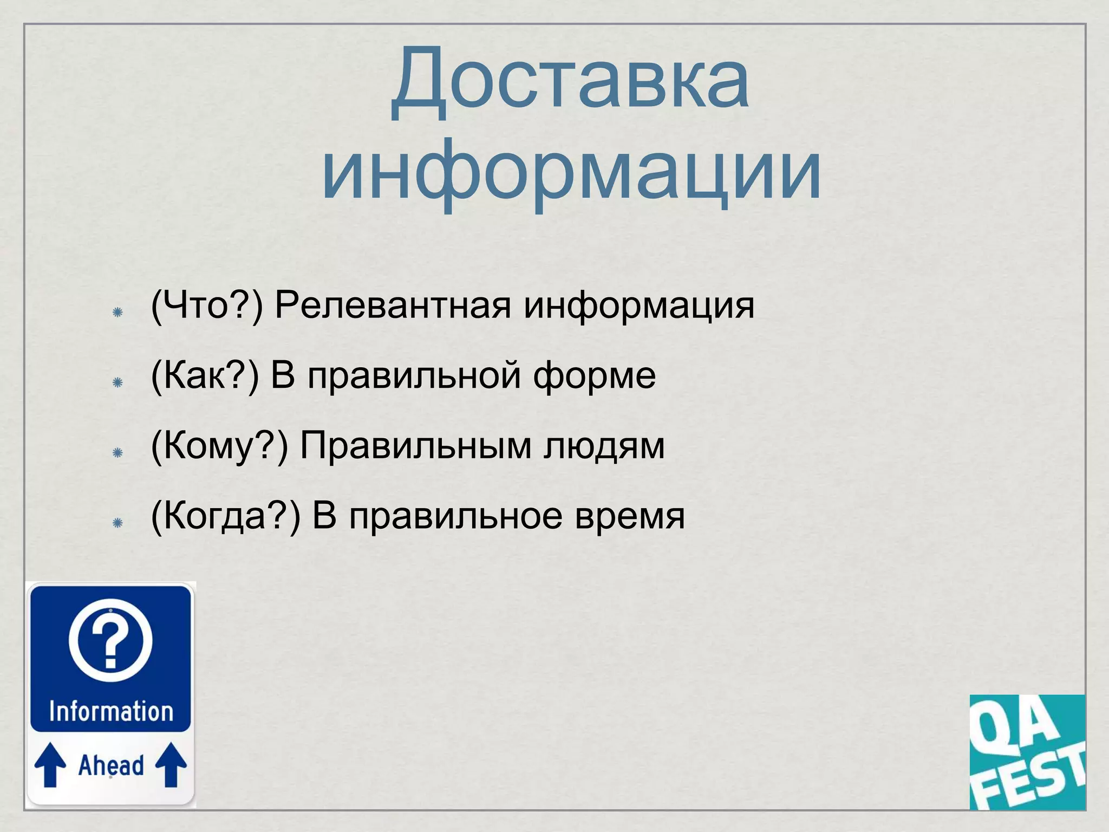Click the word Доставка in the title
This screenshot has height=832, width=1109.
570,81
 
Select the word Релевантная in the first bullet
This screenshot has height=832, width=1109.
393,305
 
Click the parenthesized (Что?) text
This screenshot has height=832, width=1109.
207,305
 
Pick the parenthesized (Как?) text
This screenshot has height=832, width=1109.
205,375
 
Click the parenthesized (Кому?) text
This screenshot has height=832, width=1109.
219,446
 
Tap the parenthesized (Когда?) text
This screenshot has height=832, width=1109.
225,516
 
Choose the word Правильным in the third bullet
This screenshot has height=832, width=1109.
416,446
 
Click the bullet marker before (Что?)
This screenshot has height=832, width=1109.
118,312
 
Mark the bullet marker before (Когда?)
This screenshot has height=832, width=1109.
118,523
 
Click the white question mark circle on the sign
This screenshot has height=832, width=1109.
111,640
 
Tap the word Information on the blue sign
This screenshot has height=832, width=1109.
111,711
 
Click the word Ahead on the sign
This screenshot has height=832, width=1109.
111,765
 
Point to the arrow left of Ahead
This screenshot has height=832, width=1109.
50,764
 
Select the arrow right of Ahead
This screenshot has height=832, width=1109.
171,764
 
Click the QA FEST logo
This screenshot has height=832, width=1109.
1027,752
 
